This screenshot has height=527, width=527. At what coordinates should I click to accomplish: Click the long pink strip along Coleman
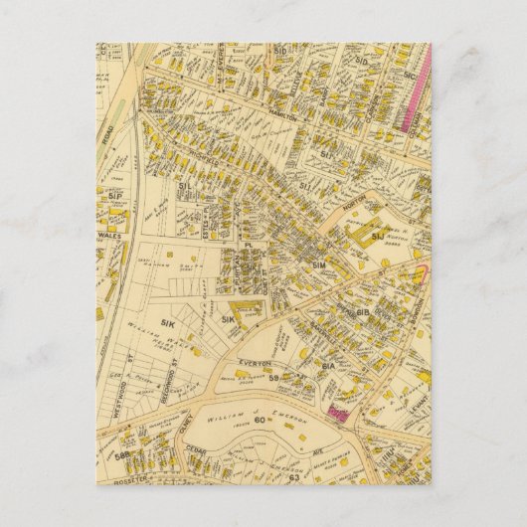(418, 94)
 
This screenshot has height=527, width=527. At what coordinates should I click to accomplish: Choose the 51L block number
(184, 186)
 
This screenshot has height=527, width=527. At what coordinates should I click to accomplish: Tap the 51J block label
(378, 237)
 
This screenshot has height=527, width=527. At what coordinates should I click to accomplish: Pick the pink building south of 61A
(337, 410)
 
